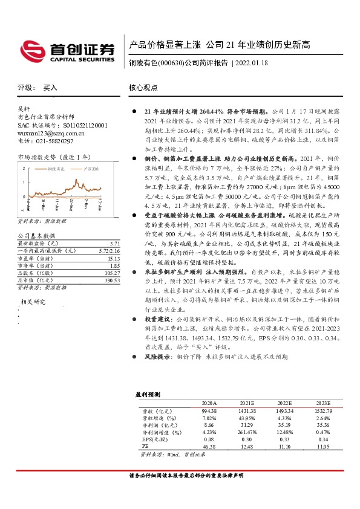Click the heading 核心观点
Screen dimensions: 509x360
pyautogui.click(x=143, y=88)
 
